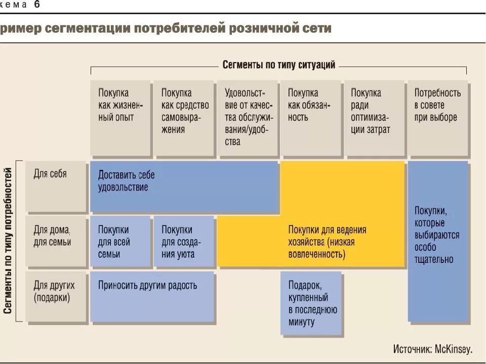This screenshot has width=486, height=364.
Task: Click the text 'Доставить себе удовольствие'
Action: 127,181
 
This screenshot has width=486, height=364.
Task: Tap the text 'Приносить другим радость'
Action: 148,286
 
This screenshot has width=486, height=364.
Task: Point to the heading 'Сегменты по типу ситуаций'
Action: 279,65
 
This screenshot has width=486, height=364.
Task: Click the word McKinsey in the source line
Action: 453,349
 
